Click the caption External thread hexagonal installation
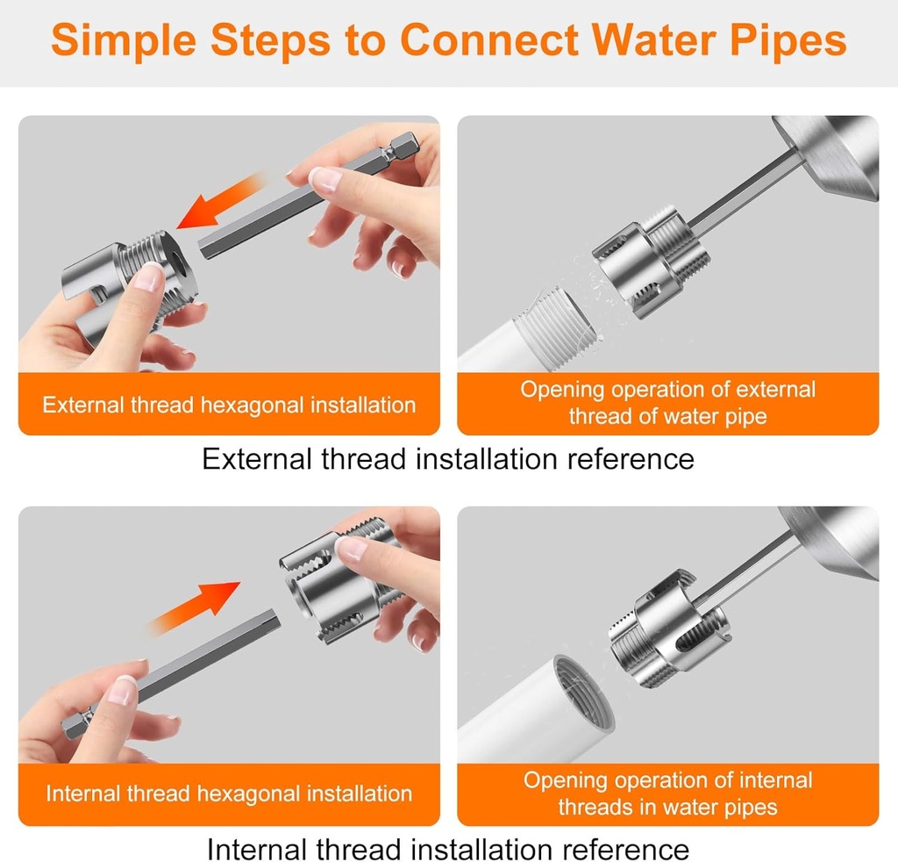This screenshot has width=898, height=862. point(229,405)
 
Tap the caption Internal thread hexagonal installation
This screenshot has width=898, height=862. point(229,794)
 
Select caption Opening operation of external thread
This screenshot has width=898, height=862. point(667,403)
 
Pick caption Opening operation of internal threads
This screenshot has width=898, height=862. point(667,794)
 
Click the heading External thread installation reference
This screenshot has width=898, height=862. point(448,458)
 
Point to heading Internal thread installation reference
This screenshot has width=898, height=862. point(448,849)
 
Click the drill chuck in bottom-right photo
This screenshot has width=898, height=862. point(837,540)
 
